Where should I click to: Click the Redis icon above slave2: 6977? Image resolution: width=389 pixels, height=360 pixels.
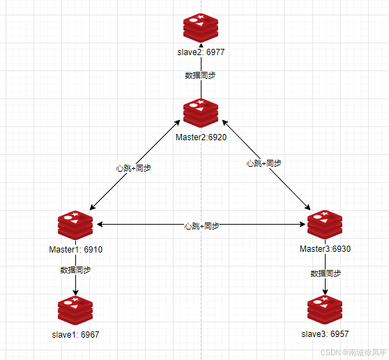pos(201,28)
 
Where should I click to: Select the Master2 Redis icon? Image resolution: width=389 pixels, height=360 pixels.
pos(201,113)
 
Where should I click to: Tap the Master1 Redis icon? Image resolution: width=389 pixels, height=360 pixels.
pos(75,225)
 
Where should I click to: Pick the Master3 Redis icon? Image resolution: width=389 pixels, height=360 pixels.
pos(325,225)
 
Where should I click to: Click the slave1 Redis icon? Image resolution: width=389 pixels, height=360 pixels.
pos(75,310)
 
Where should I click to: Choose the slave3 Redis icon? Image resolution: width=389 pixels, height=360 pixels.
pos(325,310)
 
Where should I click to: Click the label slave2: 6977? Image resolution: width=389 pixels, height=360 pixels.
pos(201,52)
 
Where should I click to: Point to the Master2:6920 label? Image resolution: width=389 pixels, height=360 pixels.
pos(201,137)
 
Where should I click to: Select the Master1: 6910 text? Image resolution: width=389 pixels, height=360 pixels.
pos(76,250)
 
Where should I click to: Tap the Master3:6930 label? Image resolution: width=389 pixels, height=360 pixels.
pos(325,249)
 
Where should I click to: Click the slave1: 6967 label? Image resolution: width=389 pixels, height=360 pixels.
pos(75,335)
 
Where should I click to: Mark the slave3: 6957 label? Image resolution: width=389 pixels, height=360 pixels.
pos(325,334)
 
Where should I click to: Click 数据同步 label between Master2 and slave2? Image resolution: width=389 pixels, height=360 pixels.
pos(201,75)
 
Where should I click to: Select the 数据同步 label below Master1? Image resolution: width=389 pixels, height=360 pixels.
pos(76,270)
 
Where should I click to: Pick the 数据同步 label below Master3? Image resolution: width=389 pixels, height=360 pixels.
pos(326,273)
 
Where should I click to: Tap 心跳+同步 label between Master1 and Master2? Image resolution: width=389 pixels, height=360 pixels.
pos(133,168)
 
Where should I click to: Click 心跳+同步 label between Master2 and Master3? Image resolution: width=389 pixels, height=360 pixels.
pos(264,163)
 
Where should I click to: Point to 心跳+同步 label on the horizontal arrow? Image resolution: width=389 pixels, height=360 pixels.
pos(201,226)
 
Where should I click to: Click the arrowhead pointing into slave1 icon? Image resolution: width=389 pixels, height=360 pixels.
pos(75,293)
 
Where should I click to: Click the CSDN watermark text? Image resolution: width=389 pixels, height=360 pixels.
pos(353,352)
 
